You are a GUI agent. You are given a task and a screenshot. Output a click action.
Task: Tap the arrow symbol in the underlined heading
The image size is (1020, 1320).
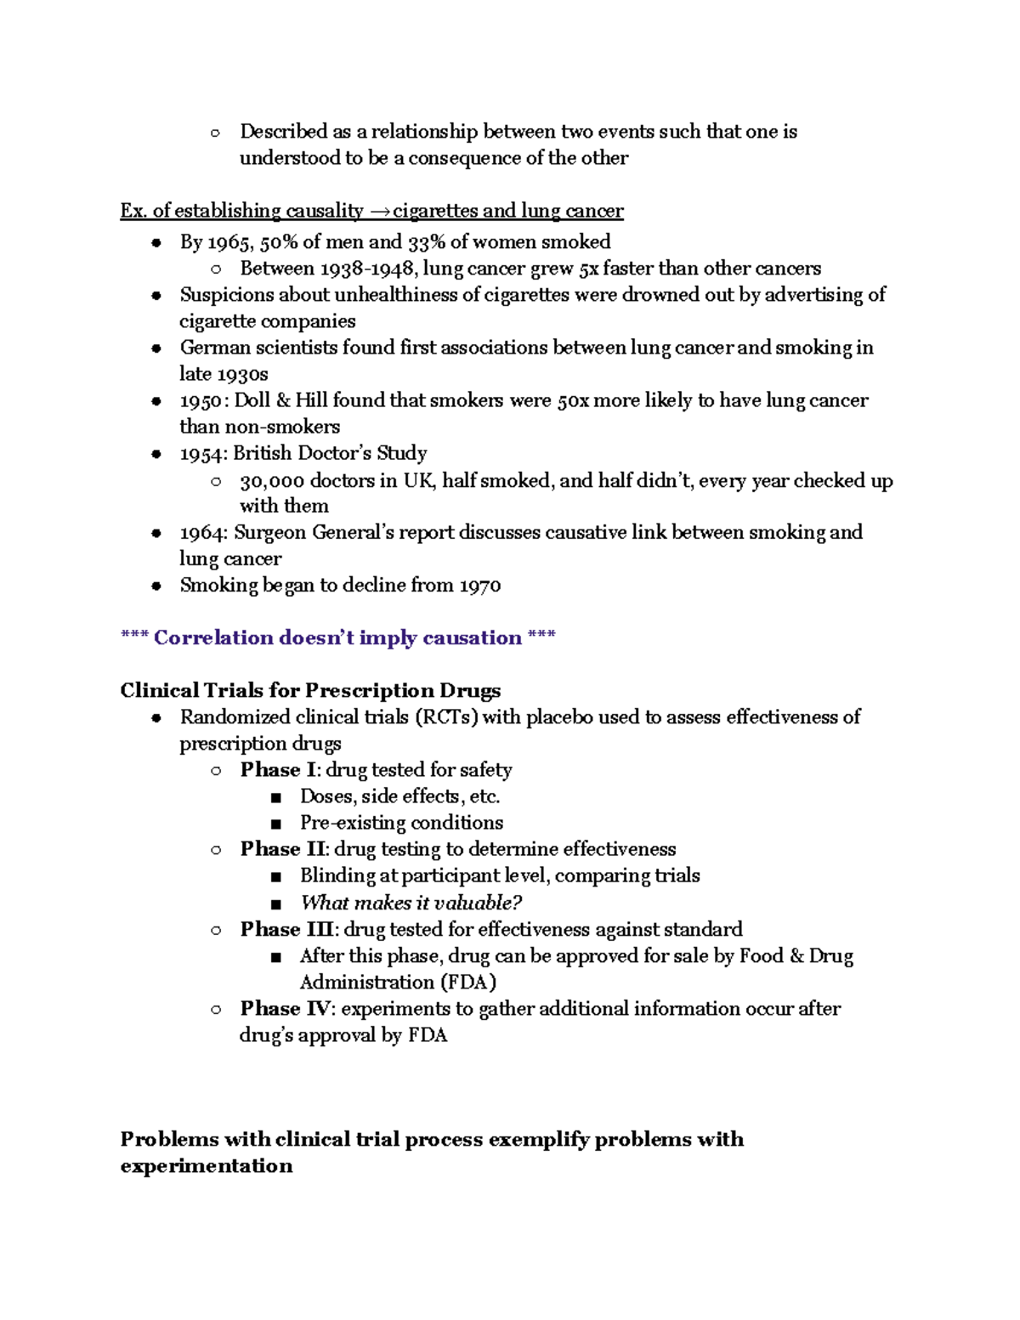click(x=379, y=211)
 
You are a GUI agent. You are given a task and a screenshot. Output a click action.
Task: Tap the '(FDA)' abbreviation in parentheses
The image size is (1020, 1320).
click(x=467, y=983)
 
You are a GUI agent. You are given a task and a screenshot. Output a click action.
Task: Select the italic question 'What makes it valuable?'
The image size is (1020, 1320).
click(x=411, y=903)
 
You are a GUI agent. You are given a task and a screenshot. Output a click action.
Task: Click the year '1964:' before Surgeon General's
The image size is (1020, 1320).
click(x=203, y=533)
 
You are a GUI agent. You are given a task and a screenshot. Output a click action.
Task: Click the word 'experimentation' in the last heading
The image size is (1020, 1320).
click(x=207, y=1165)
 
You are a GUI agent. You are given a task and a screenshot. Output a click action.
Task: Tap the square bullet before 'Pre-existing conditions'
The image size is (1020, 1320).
click(x=275, y=824)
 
